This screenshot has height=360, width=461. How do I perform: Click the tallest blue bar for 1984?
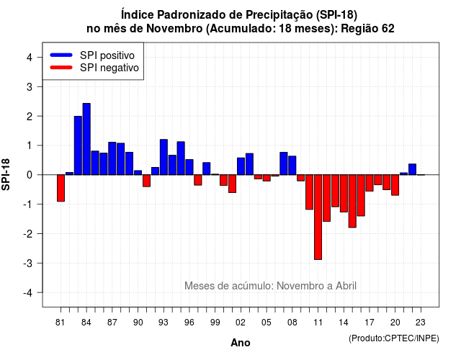coord(86,139)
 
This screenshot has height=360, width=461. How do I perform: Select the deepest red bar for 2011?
coord(318,217)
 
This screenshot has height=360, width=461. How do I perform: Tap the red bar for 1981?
coord(61,188)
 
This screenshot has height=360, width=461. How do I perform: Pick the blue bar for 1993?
coord(164,157)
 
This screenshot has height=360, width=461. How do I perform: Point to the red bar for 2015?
coord(352,201)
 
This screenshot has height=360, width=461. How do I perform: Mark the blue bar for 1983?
coord(78,145)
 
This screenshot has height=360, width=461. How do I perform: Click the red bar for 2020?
coord(395,185)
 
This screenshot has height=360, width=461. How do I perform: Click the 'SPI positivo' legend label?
coord(107,55)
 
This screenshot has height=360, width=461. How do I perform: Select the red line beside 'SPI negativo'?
coord(61,67)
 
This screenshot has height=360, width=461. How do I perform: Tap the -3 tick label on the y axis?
coord(28,263)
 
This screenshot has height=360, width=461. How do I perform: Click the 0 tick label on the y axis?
coord(30,175)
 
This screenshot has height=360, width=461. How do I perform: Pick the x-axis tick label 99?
coord(215,323)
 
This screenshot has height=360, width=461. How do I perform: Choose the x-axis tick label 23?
coord(421,323)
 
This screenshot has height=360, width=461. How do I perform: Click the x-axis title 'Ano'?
coord(241,343)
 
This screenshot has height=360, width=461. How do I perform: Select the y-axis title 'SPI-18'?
coord(6,174)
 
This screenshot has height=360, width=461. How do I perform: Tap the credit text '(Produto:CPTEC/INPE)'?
coord(394,338)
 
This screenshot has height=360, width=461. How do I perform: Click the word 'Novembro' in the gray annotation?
coord(305,286)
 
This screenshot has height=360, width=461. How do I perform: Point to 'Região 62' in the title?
coord(367,29)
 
